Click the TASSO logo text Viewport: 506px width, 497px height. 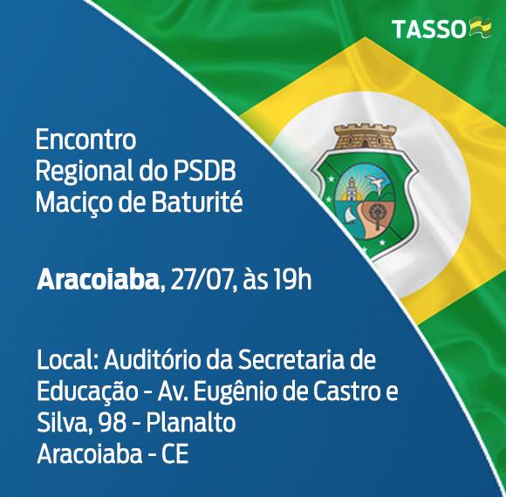(430, 29)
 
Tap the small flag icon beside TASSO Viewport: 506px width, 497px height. (482, 29)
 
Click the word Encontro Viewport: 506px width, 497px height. (85, 140)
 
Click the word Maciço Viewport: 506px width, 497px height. (72, 204)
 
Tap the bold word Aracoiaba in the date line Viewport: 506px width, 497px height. (98, 280)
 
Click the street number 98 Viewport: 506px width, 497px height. (113, 423)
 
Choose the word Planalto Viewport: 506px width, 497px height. (191, 422)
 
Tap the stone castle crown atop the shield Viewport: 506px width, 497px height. (365, 136)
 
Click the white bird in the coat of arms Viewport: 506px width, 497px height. (378, 183)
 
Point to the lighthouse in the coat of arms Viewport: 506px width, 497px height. (350, 188)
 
